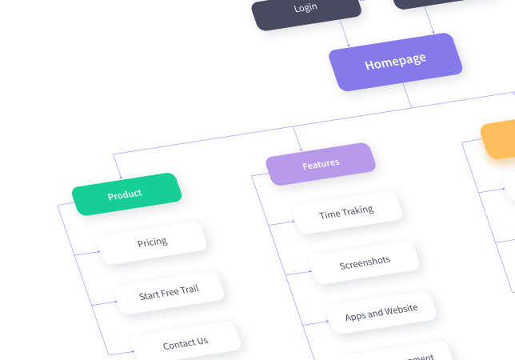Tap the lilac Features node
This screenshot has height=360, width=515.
click(320, 164)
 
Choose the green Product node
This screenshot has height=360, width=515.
click(125, 194)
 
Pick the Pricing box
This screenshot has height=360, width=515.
click(151, 242)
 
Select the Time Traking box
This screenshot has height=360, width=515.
click(346, 214)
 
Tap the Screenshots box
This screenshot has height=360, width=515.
click(365, 262)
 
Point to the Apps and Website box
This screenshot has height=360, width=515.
click(381, 313)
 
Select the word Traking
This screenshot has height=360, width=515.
click(358, 211)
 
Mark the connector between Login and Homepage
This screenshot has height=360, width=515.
click(345, 30)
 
